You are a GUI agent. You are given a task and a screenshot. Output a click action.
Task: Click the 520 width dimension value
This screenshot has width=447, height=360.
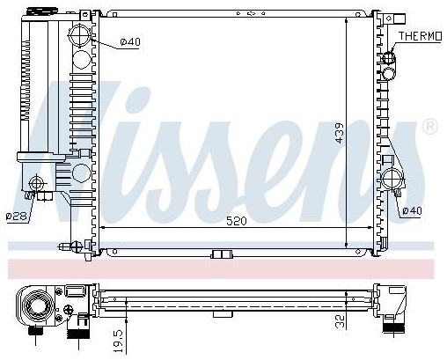click(237, 221)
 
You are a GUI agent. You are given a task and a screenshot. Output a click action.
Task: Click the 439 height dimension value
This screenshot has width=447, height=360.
click(340, 133)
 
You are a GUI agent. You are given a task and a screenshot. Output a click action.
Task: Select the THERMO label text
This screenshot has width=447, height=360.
click(420, 36)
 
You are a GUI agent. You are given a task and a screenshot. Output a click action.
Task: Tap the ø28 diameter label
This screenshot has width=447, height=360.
click(17, 217)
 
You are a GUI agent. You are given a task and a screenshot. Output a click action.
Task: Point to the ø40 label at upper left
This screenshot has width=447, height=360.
click(130, 42)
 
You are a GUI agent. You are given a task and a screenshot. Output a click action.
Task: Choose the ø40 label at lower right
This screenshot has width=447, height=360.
click(412, 210)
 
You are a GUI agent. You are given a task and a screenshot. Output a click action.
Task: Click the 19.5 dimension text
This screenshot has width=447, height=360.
click(119, 341)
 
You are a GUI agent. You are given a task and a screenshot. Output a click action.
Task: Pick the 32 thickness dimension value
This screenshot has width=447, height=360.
click(340, 321)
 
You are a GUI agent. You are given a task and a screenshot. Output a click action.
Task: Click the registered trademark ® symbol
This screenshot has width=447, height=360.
click(429, 127)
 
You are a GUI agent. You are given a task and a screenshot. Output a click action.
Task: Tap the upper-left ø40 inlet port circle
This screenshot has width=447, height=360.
click(80, 35)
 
